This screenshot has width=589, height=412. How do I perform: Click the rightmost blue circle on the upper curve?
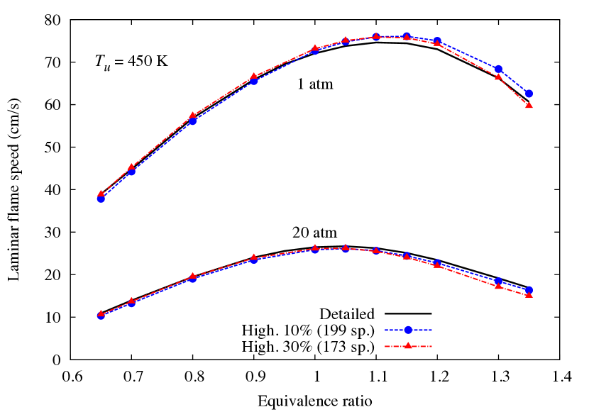click(x=529, y=93)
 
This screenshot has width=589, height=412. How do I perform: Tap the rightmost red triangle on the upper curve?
click(x=529, y=105)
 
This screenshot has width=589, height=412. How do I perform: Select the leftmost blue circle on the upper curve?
click(x=101, y=199)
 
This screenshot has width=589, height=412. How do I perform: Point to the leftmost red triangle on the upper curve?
click(x=101, y=193)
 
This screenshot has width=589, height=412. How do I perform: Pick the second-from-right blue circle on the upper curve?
click(x=498, y=69)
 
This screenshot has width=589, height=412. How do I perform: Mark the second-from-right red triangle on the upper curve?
click(x=498, y=76)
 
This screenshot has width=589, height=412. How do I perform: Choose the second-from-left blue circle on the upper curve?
click(x=131, y=172)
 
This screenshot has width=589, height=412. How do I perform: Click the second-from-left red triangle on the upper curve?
click(x=131, y=167)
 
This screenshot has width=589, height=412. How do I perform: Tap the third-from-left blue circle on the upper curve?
click(x=192, y=121)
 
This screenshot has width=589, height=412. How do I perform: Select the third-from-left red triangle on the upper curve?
click(x=192, y=115)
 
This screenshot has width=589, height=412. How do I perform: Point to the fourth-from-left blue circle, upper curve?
click(x=253, y=81)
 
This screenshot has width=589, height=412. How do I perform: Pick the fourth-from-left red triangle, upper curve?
click(x=253, y=76)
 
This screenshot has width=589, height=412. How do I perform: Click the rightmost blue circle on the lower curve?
click(x=529, y=290)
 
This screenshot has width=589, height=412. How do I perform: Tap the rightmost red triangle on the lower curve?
click(x=529, y=294)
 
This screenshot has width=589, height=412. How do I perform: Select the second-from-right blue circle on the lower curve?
click(x=498, y=282)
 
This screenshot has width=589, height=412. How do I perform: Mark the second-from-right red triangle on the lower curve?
click(x=498, y=285)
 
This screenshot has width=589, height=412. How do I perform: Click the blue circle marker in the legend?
click(x=408, y=330)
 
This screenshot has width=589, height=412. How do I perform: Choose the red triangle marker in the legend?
click(x=408, y=345)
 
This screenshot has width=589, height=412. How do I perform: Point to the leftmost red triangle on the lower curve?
click(x=101, y=313)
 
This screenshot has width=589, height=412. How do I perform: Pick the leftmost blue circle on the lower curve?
click(x=101, y=316)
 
